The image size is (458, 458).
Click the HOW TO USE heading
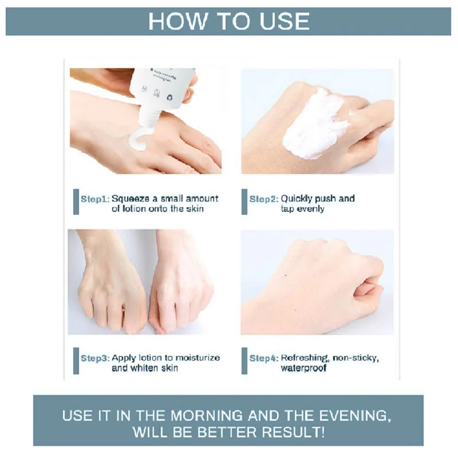pos(229,21)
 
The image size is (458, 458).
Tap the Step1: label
pos(94,199)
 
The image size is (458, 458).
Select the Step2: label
pos(264,199)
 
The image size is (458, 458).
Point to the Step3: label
pos(94,358)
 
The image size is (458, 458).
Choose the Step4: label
pos(264,358)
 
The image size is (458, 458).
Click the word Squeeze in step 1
pos(129,199)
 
